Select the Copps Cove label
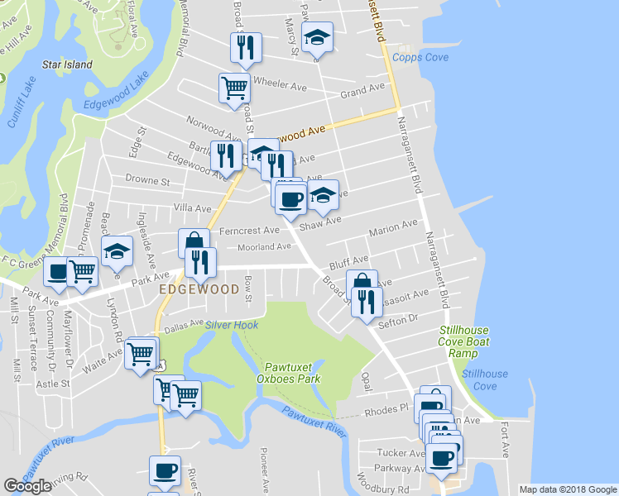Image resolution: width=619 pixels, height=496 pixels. click(x=420, y=57)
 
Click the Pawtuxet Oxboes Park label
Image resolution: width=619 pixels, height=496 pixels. click(x=292, y=373)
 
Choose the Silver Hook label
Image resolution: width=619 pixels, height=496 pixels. click(x=233, y=325)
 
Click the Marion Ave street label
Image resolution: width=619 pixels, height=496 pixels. click(x=393, y=227)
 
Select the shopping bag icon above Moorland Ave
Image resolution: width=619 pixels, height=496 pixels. click(x=194, y=243)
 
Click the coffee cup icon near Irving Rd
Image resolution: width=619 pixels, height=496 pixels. click(x=165, y=470)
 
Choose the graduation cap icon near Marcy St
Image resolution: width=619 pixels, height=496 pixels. click(x=317, y=37)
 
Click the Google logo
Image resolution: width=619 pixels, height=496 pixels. click(x=28, y=485)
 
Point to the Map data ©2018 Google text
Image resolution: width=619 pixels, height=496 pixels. click(x=568, y=489)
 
